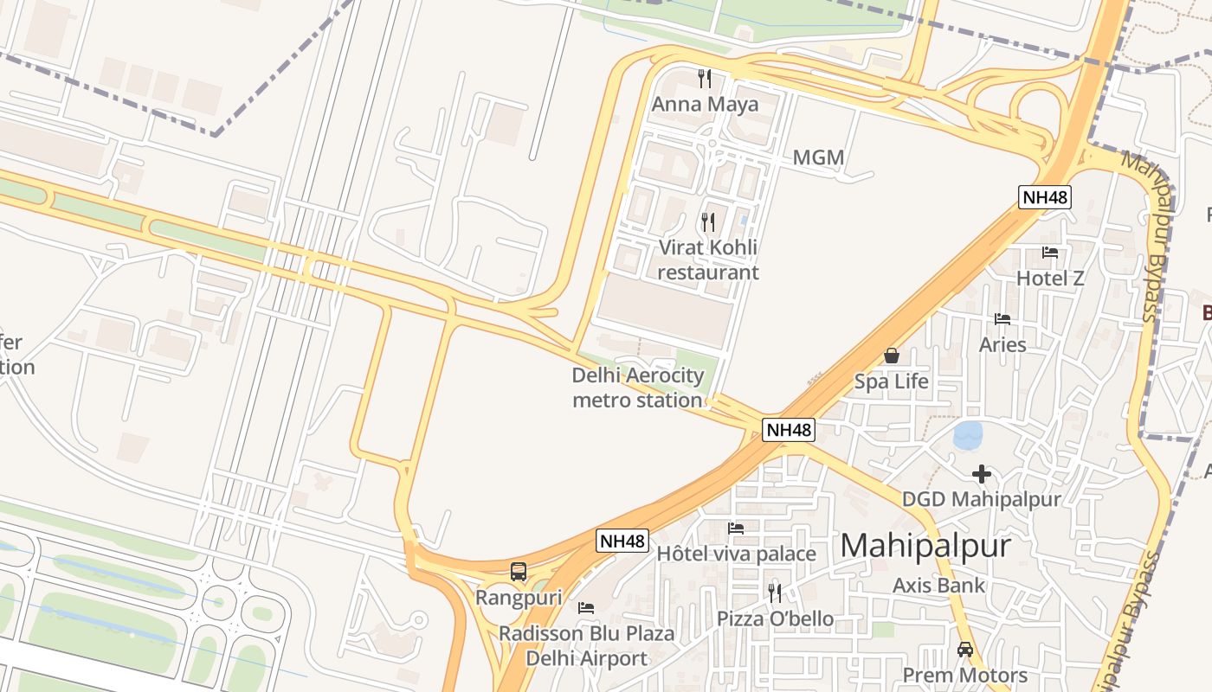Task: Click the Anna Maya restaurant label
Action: tap(705, 105)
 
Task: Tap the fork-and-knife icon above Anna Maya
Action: tap(705, 79)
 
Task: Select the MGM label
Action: tap(818, 157)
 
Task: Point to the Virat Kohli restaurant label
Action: tap(708, 259)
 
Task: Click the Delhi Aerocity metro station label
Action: tap(637, 388)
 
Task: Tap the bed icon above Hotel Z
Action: tap(1050, 253)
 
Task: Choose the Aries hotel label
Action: tap(1002, 344)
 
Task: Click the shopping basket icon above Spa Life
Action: tap(891, 356)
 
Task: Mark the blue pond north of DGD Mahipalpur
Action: tap(968, 435)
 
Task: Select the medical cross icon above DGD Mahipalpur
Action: tap(981, 474)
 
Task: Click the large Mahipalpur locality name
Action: tap(925, 546)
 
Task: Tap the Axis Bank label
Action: tap(938, 586)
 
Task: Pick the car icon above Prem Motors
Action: tap(964, 650)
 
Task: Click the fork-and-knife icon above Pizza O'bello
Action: tap(775, 593)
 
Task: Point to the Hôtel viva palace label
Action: tap(736, 554)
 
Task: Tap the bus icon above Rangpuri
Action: tap(519, 572)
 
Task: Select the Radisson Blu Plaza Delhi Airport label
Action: tap(586, 646)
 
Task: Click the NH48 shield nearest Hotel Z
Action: tap(1045, 197)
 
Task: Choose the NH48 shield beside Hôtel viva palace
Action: tap(622, 541)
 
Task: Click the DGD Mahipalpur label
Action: tap(981, 500)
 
